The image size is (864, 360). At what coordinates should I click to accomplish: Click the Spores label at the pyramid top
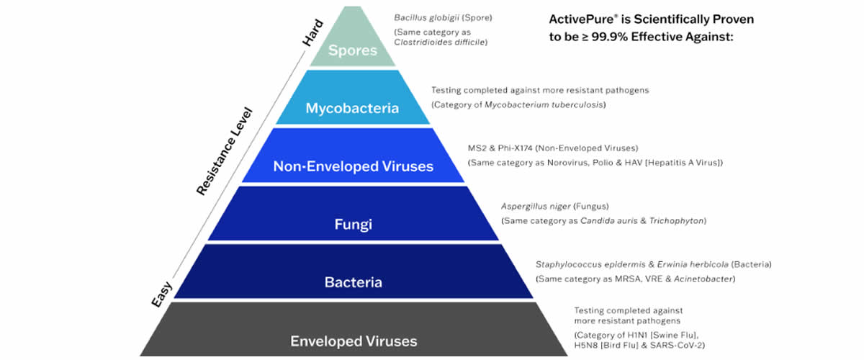pos(353,50)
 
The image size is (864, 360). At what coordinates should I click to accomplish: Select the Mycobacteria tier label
pos(352,108)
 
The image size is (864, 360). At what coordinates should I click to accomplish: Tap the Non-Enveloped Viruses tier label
pos(354,166)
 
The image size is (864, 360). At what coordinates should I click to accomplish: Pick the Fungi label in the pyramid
pos(353,224)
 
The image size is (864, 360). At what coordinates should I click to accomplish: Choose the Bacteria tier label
pos(354,282)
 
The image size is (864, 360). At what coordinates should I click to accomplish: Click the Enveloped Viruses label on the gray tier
pos(354,341)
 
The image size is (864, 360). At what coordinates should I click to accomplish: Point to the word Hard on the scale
pos(312,33)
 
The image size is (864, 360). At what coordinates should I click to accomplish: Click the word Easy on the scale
pos(161,294)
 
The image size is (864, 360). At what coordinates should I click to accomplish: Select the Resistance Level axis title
pos(224,152)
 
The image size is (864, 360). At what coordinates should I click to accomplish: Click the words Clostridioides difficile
pos(439,42)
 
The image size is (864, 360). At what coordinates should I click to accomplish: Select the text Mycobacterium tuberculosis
pos(544,105)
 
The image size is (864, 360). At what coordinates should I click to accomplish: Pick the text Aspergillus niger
pos(536,207)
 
